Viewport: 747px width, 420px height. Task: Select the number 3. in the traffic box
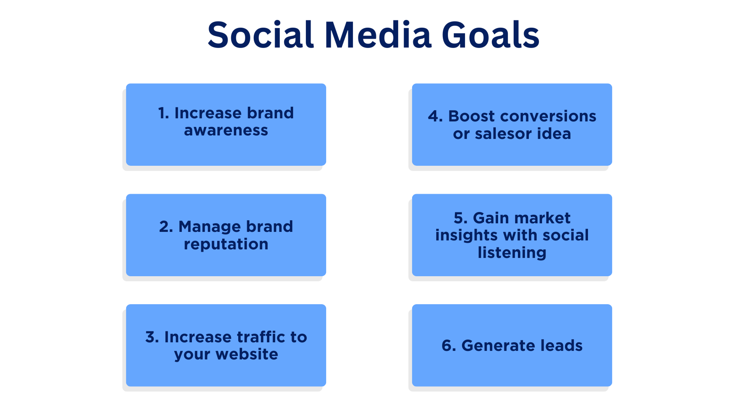click(x=152, y=337)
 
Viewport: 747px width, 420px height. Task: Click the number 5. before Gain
click(x=460, y=218)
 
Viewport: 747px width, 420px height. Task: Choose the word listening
click(x=512, y=253)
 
